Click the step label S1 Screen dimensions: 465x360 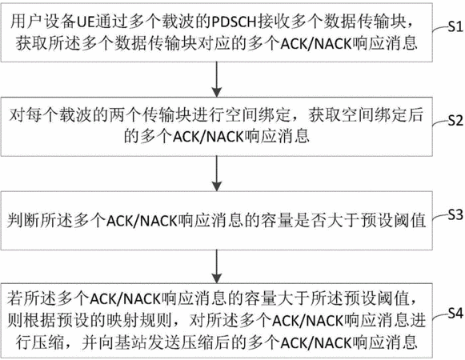click(x=455, y=26)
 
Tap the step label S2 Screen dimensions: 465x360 click(x=455, y=120)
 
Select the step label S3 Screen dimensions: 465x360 click(x=455, y=214)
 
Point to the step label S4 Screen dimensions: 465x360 click(x=455, y=313)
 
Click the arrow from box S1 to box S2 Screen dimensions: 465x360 click(x=217, y=79)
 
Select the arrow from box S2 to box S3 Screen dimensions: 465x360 click(x=217, y=173)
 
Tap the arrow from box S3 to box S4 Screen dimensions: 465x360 click(x=217, y=266)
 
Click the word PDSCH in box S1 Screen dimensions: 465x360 click(x=234, y=22)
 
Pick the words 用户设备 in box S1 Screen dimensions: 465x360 click(x=43, y=22)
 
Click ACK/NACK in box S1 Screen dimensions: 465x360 click(x=316, y=44)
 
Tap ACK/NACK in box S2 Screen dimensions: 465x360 click(x=208, y=137)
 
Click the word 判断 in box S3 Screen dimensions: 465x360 click(x=22, y=221)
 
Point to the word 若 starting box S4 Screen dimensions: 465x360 click(x=15, y=298)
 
